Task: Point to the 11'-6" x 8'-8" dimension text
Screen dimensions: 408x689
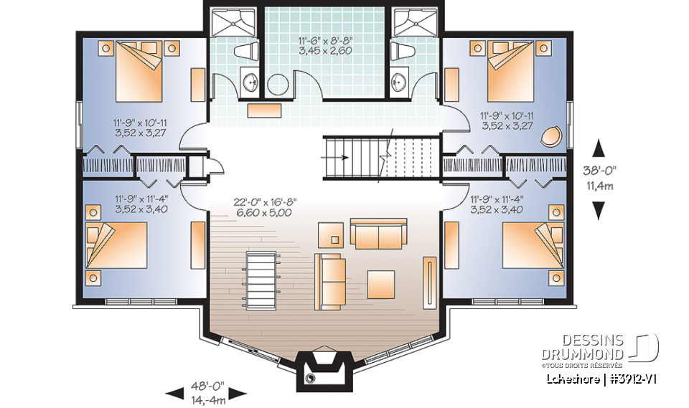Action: click(326, 47)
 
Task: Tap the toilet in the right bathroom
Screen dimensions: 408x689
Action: click(399, 52)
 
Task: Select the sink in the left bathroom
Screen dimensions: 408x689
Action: click(250, 82)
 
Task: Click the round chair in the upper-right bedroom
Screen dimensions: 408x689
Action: click(553, 136)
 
